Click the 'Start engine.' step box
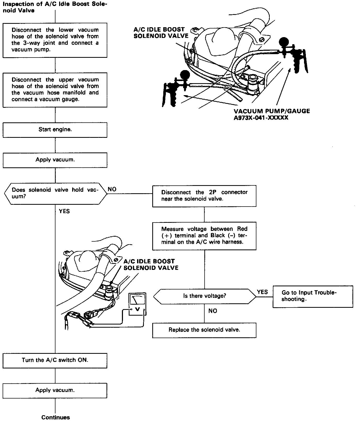[x=55, y=130]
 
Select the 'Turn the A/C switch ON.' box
[x=55, y=360]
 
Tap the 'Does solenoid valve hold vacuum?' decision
[x=55, y=193]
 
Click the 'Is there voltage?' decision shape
[x=204, y=296]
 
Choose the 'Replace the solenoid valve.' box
[x=204, y=330]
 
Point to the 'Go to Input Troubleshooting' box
[x=313, y=296]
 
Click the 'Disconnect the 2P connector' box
[x=204, y=196]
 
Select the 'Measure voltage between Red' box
[x=204, y=235]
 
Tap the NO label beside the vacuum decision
[x=112, y=189]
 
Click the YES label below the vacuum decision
[x=64, y=211]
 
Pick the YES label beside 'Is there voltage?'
[x=262, y=292]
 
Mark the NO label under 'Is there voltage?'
[x=213, y=311]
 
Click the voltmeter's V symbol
[x=137, y=309]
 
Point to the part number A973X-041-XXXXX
[x=261, y=118]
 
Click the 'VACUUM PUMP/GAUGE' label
[x=272, y=111]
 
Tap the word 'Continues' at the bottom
[x=55, y=417]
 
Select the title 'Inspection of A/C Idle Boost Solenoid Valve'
[x=55, y=7]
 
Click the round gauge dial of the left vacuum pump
[x=185, y=75]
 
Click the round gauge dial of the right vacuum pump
[x=284, y=42]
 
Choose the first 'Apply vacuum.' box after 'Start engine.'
[x=55, y=160]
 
